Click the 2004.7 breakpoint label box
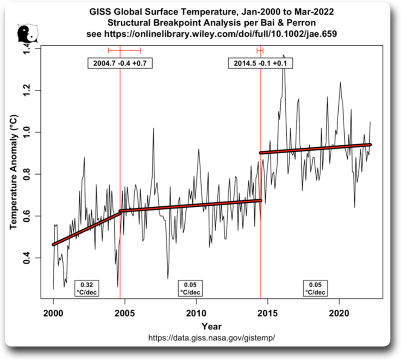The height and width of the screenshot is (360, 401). coord(120,63)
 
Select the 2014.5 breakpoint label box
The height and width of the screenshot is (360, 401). coord(260,63)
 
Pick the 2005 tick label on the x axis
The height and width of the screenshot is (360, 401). coord(125,312)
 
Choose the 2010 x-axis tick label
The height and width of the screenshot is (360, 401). coord(196,312)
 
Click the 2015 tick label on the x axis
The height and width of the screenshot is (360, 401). coord(267,312)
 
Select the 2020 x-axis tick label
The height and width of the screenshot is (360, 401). coord(339,312)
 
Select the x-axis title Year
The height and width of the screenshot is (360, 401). coord(212,326)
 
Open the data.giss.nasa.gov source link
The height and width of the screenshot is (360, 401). coord(212,338)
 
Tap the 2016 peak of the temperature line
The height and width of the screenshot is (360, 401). coord(283,56)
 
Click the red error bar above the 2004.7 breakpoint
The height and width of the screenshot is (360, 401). coord(124,50)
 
